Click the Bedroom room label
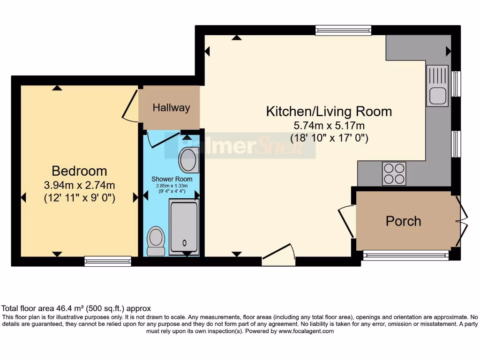(79, 171)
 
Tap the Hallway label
(172, 108)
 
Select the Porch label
(403, 221)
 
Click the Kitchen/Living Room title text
(329, 112)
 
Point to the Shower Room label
(172, 179)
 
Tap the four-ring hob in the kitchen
(394, 173)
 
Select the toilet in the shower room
(156, 240)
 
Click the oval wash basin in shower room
(188, 160)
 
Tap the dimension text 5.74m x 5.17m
(329, 126)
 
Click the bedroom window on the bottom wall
(108, 261)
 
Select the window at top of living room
(343, 30)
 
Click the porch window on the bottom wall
(406, 255)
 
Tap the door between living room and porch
(346, 220)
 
